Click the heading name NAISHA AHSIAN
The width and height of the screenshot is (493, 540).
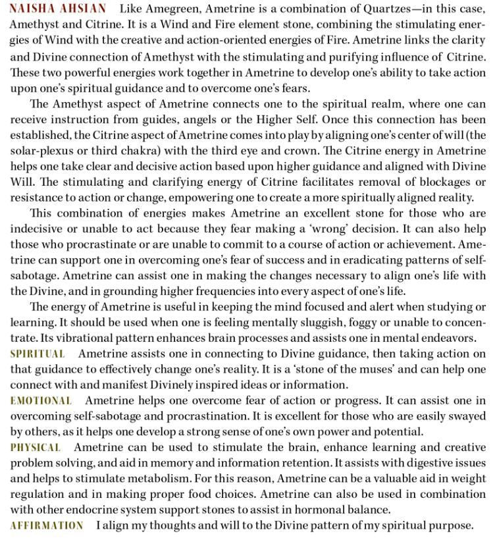coord(57,9)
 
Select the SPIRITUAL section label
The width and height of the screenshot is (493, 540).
coord(38,354)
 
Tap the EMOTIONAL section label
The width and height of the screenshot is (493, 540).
coord(41,401)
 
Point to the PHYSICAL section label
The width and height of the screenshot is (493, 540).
coord(36,448)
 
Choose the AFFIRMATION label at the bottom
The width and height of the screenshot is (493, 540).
coord(47,526)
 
